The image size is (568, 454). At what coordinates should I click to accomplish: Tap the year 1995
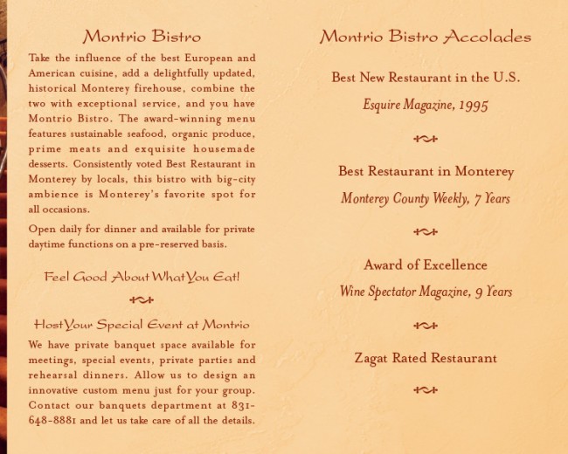[471, 105]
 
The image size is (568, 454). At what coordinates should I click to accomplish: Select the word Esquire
[382, 105]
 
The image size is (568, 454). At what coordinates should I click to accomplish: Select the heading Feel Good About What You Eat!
[142, 277]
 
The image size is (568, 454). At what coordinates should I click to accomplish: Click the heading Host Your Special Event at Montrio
[142, 325]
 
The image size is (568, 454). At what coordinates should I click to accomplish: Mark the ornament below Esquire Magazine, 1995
[426, 138]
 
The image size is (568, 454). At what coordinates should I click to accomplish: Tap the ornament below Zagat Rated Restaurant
[426, 389]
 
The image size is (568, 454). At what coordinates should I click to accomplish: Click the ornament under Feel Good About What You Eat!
[142, 299]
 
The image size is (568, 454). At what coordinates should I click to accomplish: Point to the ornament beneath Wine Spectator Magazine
[426, 325]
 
